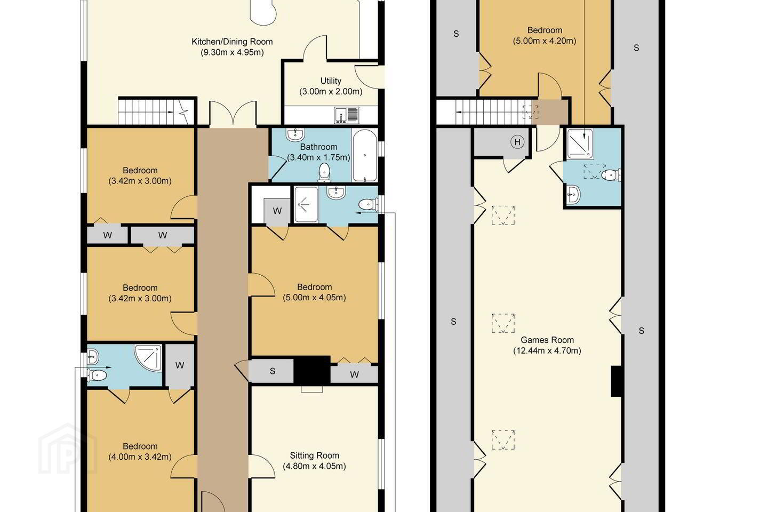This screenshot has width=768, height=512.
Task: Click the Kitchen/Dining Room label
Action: pos(232,42)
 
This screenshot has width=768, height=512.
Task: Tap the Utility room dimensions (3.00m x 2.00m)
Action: pos(331,92)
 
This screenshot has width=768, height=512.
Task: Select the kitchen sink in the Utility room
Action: pos(347,115)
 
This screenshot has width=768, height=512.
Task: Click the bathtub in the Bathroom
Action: pos(364,155)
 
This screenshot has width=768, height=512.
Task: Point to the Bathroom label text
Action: pos(318,147)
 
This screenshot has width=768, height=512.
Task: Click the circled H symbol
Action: pos(517,142)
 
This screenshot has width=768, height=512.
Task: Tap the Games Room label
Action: pos(547,340)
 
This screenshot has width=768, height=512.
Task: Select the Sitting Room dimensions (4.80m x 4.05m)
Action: pos(315,466)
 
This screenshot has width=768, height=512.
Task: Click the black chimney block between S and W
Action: pos(312,370)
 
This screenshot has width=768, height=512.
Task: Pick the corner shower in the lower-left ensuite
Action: pos(148,358)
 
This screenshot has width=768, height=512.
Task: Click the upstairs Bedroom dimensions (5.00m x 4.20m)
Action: pos(545,41)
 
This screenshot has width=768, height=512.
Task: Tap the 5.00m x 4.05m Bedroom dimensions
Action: pos(315,297)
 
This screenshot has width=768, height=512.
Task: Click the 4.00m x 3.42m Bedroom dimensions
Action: pos(140,457)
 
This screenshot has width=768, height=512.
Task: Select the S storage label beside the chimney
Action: pos(272,371)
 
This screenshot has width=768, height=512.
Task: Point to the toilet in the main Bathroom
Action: pos(324,172)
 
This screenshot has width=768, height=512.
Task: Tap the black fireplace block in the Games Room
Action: pos(617,381)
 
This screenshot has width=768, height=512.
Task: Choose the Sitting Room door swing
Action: pos(261,466)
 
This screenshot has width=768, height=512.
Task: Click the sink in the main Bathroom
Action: pos(295,135)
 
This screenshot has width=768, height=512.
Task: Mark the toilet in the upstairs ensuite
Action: pos(612,175)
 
